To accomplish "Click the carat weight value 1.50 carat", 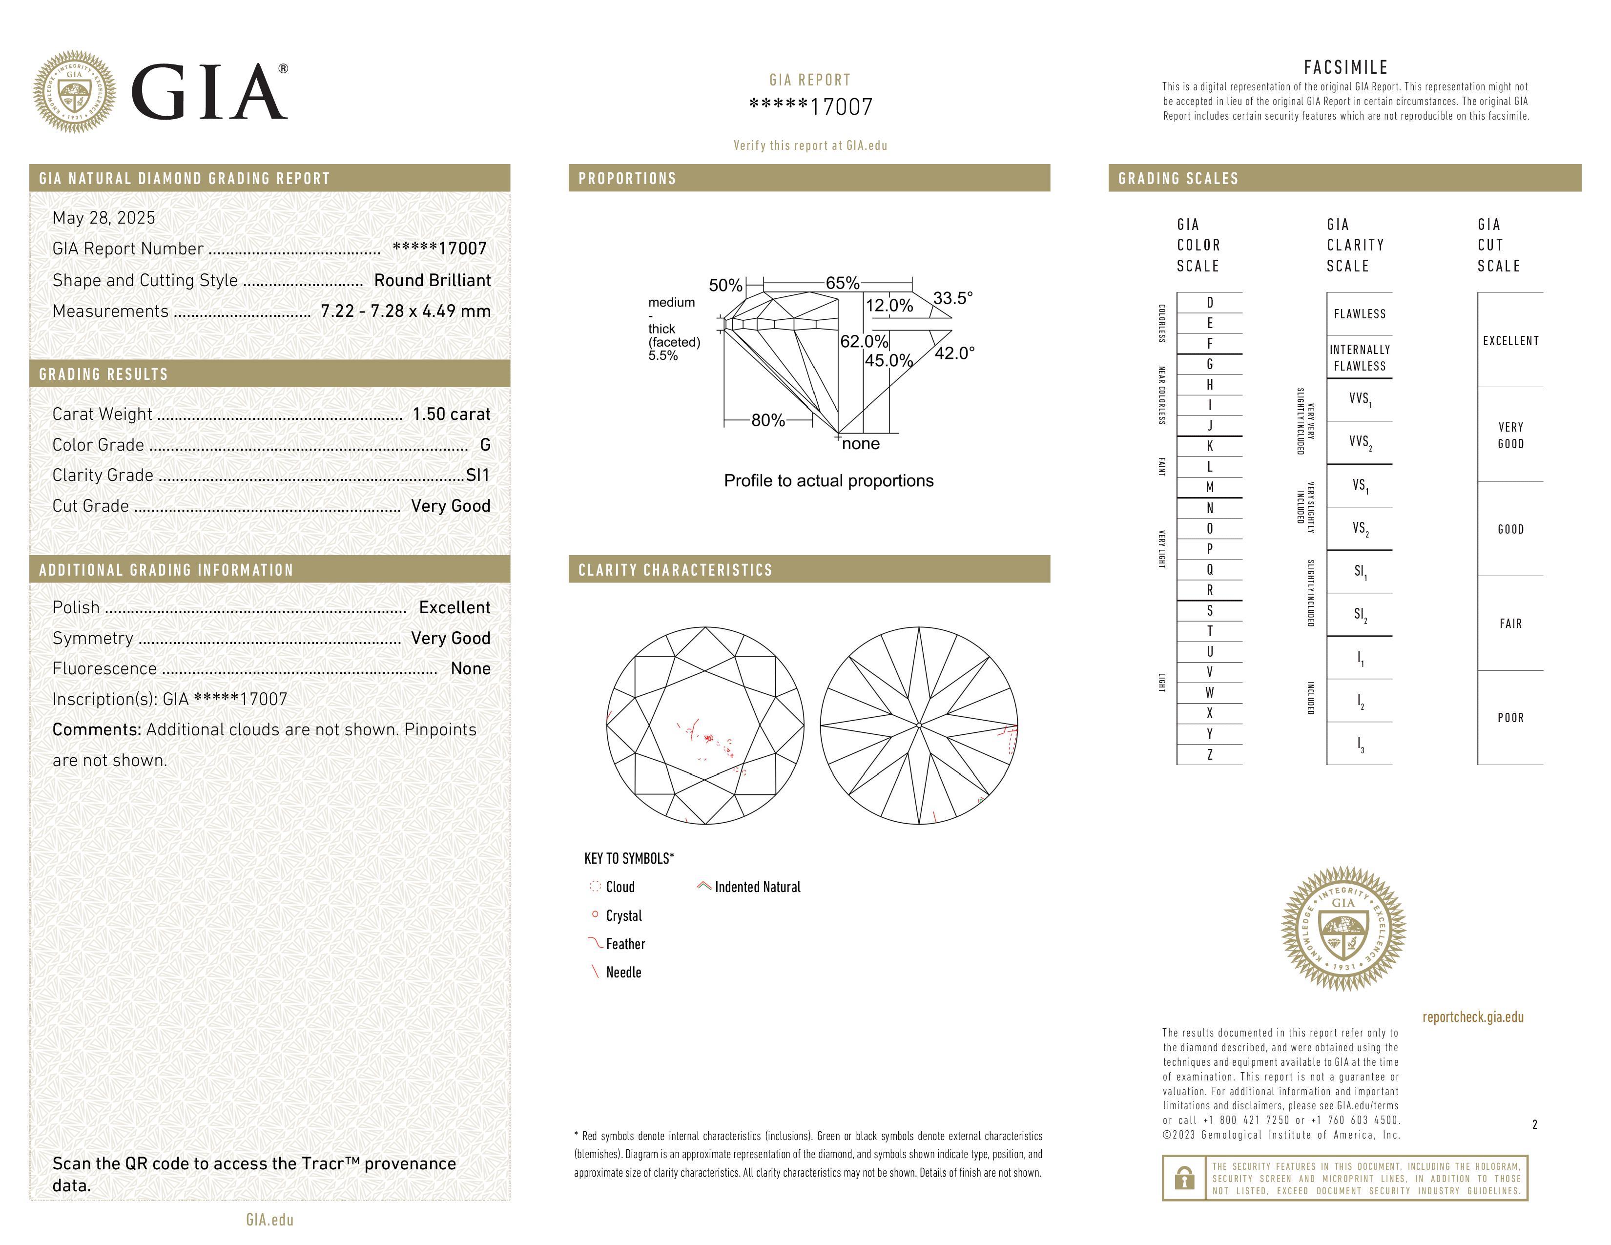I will pos(451,414).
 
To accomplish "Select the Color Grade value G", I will pos(485,445).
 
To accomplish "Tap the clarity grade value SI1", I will pos(478,476).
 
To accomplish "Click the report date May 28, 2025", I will pos(104,218).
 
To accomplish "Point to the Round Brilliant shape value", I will pos(432,280).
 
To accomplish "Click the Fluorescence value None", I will pos(471,668).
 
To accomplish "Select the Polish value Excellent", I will pos(454,607).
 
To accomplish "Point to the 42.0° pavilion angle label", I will pos(954,353).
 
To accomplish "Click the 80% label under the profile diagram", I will pos(768,420).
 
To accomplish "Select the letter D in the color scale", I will pos(1210,302).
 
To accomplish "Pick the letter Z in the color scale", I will pos(1210,754).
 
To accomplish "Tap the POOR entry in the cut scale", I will pos(1511,718).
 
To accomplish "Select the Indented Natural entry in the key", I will pos(757,887).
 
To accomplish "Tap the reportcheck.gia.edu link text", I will pos(1472,1017).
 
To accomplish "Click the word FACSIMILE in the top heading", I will pos(1345,67).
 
